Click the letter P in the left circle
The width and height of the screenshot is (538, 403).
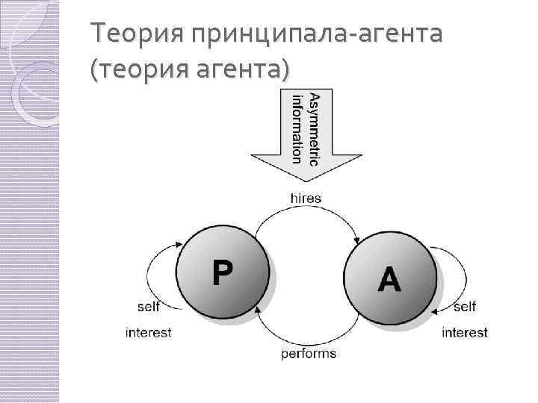pyautogui.click(x=222, y=273)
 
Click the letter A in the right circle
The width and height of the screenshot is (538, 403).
pyautogui.click(x=389, y=281)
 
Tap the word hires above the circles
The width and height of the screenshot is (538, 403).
pyautogui.click(x=306, y=199)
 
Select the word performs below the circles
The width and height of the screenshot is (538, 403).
pyautogui.click(x=309, y=353)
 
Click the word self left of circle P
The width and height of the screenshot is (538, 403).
pyautogui.click(x=148, y=307)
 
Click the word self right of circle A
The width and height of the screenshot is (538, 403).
pyautogui.click(x=464, y=307)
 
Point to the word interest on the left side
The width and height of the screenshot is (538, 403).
pyautogui.click(x=148, y=333)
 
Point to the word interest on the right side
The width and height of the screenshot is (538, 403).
pyautogui.click(x=464, y=333)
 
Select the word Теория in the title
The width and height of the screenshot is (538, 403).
pyautogui.click(x=135, y=34)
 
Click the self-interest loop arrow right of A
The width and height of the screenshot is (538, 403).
pyautogui.click(x=455, y=272)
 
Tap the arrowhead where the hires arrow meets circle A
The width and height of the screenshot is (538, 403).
pyautogui.click(x=357, y=240)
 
